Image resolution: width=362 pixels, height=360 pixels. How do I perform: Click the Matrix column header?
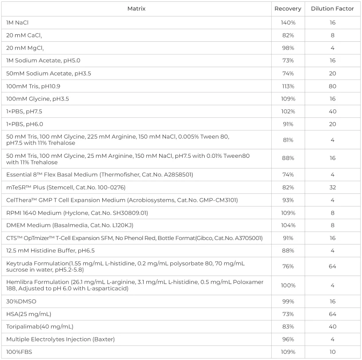pyautogui.click(x=136, y=9)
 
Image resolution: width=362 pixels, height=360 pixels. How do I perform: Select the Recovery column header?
pyautogui.click(x=288, y=9)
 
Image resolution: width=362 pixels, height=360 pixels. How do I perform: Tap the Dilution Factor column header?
pyautogui.click(x=332, y=9)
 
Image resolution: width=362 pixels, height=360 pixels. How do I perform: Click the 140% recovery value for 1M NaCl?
pyautogui.click(x=288, y=22)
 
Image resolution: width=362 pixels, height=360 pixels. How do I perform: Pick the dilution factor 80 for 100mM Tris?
pyautogui.click(x=332, y=86)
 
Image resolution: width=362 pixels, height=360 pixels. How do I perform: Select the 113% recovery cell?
pyautogui.click(x=288, y=86)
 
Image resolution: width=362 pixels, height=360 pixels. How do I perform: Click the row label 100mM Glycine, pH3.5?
pyautogui.click(x=37, y=99)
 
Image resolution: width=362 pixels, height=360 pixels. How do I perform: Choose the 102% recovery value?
pyautogui.click(x=288, y=112)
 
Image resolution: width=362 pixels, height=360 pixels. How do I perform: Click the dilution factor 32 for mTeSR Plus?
pyautogui.click(x=332, y=188)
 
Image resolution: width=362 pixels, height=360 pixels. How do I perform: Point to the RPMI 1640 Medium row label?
pyautogui.click(x=77, y=213)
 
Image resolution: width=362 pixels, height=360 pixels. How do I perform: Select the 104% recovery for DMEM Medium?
pyautogui.click(x=288, y=225)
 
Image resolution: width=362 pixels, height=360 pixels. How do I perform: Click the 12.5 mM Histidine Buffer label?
pyautogui.click(x=50, y=251)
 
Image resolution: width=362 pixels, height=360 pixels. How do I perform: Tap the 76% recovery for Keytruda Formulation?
pyautogui.click(x=288, y=267)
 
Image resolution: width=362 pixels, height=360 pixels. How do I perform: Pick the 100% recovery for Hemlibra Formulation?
pyautogui.click(x=288, y=285)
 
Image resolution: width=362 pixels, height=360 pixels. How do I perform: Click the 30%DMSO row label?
pyautogui.click(x=21, y=301)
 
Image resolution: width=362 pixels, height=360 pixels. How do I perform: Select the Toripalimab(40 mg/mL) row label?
pyautogui.click(x=40, y=327)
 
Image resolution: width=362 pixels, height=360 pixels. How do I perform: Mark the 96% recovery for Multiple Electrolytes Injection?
pyautogui.click(x=288, y=339)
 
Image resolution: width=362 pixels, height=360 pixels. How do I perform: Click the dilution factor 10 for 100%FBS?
pyautogui.click(x=332, y=352)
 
